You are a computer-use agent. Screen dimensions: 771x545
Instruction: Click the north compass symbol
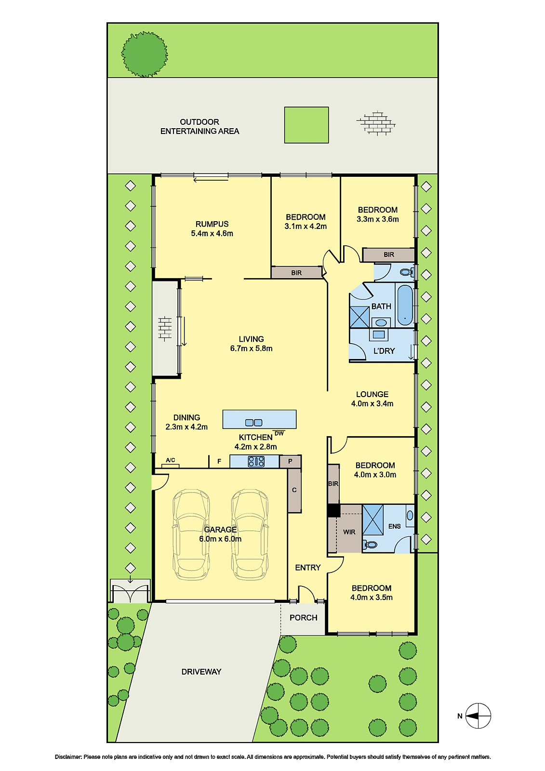(x=478, y=716)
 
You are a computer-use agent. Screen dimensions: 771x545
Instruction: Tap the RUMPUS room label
(x=212, y=224)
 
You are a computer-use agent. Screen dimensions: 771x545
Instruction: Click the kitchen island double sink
(x=253, y=423)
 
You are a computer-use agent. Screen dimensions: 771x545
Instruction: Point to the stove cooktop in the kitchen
(x=256, y=462)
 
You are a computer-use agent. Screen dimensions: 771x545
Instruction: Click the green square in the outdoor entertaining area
(x=306, y=125)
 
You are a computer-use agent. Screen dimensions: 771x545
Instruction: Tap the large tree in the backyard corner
(x=145, y=54)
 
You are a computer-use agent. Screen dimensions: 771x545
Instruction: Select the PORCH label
(x=303, y=618)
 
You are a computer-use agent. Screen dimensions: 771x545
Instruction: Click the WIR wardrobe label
(x=349, y=532)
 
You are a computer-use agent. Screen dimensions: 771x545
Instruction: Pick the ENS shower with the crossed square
(x=373, y=519)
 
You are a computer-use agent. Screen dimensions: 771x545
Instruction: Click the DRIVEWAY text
(x=201, y=672)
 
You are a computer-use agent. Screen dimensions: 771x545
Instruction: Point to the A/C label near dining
(x=171, y=460)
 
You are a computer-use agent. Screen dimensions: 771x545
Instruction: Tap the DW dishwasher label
(x=279, y=433)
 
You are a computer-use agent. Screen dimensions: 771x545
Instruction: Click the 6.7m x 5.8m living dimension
(x=251, y=348)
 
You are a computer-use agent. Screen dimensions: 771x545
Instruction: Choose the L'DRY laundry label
(x=384, y=351)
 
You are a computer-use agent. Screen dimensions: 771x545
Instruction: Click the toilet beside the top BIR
(x=407, y=272)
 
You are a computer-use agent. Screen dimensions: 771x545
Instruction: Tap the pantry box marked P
(x=290, y=462)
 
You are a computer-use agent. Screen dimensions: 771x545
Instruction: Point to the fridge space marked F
(x=219, y=462)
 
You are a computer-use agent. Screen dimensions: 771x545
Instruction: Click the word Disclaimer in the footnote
(x=68, y=757)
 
